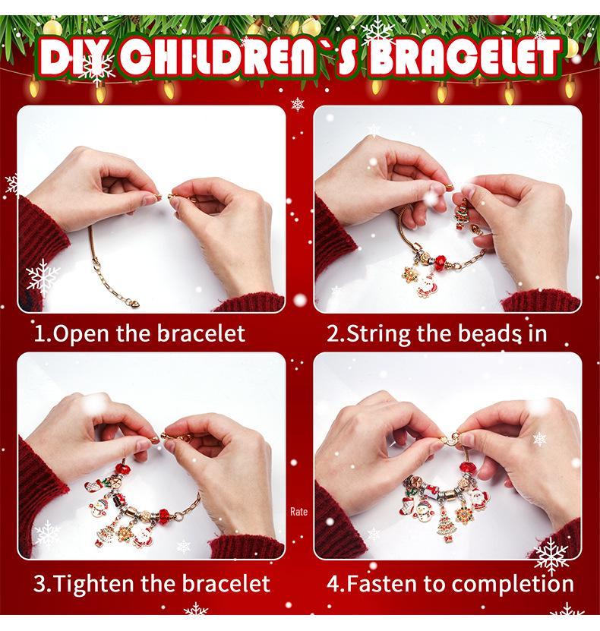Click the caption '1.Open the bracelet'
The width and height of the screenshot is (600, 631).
coord(140,333)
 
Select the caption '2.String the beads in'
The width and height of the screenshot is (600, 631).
coord(437,333)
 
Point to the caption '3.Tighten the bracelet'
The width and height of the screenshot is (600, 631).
coord(151,583)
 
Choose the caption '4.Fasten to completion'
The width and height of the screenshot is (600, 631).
coord(450,583)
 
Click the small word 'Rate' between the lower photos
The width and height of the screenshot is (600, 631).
coord(299,512)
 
